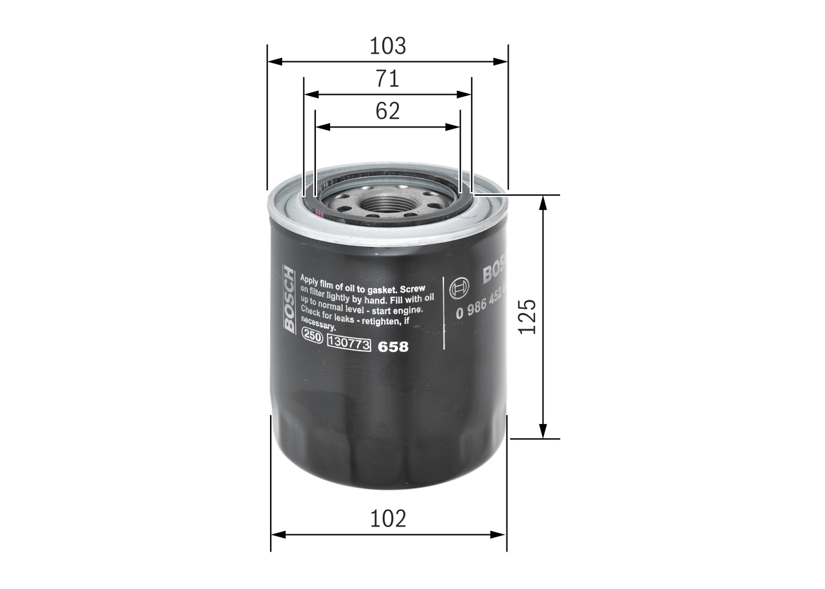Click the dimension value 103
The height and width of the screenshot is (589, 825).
387,46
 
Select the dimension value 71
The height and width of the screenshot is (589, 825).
387,79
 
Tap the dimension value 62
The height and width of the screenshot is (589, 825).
387,111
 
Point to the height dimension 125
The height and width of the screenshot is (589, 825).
527,316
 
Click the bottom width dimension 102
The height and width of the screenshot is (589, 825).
388,518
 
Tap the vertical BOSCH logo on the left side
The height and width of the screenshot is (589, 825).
289,300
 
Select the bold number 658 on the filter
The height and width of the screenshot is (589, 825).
393,347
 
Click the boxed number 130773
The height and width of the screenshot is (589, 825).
349,345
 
